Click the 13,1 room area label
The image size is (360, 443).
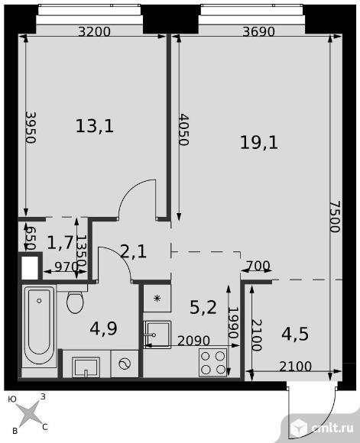coord(95,126)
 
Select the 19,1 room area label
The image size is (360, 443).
coord(259,142)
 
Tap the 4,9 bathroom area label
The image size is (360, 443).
coord(103,328)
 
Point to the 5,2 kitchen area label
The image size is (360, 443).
coord(203,307)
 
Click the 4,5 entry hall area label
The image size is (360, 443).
coord(295,334)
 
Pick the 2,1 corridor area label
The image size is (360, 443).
coord(133,251)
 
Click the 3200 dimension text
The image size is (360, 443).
coord(94,31)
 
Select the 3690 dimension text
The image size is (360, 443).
coord(259,31)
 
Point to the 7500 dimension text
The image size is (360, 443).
coord(336,216)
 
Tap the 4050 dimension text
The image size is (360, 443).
coord(183,129)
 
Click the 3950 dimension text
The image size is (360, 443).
coord(31,127)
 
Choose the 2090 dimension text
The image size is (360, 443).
coord(193,341)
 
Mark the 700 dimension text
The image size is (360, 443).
coord(258,266)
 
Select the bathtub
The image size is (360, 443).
coord(39,326)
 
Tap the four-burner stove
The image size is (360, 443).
coord(212,363)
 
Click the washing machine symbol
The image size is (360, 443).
coord(125,364)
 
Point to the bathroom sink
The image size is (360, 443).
coord(86,367)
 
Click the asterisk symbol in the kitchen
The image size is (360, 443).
coord(157,299)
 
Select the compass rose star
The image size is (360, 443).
coord(28,413)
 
